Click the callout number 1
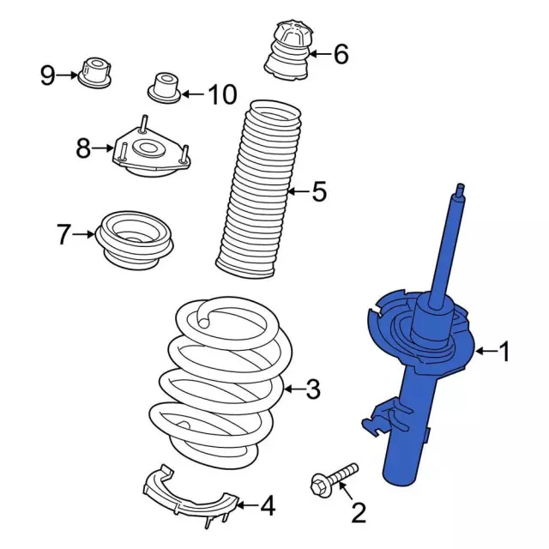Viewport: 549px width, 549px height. (504, 352)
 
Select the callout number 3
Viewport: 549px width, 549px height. (313, 389)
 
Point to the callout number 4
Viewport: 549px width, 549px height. (268, 505)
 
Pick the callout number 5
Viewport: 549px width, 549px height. (319, 191)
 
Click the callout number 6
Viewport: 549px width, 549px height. (341, 54)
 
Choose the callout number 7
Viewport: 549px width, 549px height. (63, 234)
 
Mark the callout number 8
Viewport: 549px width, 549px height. (83, 148)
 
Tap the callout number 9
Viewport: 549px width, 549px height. (48, 75)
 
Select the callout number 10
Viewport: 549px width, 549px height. (223, 94)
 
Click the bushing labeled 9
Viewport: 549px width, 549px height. (95, 72)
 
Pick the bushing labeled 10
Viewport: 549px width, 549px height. (164, 87)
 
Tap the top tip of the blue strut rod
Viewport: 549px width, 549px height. (461, 185)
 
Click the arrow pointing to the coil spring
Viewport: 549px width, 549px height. (294, 389)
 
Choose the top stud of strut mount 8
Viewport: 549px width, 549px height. (144, 124)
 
